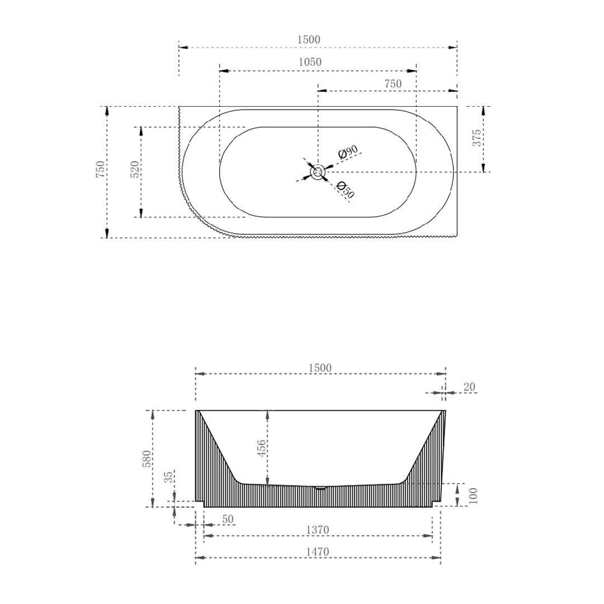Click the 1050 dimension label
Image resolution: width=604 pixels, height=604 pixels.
coord(309,62)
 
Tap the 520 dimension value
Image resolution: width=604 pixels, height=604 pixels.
coord(135,169)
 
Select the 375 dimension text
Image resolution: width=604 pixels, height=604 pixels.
coord(476,138)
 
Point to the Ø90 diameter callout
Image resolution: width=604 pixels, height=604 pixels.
coord(348,152)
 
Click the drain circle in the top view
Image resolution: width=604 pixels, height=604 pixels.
coord(318,172)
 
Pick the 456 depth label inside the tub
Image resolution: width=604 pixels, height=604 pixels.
coord(261,449)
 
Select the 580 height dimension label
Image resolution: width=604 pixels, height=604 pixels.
coord(147,459)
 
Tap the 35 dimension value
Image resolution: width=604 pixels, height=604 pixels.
coord(168,477)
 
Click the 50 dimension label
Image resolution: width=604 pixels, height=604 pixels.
coord(228,519)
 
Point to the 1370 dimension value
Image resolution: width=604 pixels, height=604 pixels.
coord(317,530)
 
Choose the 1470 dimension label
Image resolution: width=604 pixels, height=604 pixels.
coord(317,552)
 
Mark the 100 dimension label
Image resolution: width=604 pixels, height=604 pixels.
coord(473,496)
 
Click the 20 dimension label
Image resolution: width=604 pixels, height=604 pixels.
coord(469,387)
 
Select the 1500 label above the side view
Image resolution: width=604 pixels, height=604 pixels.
coord(320,368)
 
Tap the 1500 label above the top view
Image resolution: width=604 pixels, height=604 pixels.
coord(309,40)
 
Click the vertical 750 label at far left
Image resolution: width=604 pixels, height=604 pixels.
coord(100,169)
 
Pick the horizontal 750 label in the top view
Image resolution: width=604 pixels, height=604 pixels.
coord(393,83)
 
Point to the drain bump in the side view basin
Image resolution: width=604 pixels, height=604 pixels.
coord(320,488)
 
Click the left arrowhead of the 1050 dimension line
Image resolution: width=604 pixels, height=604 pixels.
coord(224,71)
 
